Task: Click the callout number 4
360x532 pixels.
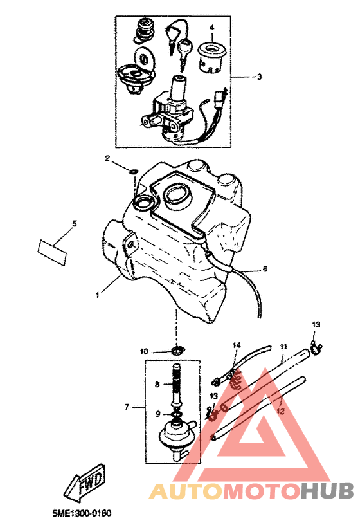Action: coord(212,27)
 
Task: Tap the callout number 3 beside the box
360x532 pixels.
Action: coord(259,77)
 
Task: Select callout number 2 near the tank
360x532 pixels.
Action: coord(107,158)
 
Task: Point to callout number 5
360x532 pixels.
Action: coord(74,223)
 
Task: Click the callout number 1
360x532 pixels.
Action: coord(97,295)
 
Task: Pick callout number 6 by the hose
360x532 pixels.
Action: coord(265,269)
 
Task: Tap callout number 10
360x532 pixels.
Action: coord(144,351)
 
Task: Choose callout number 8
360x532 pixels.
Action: coord(157,385)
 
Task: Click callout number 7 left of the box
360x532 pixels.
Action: coord(127,407)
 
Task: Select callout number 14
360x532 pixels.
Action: coord(237,345)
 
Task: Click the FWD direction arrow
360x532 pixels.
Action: coord(85,484)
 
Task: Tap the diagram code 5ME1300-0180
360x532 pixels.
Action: coord(82,513)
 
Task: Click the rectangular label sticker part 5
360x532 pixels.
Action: coord(52,252)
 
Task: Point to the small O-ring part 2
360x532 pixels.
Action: coord(134,171)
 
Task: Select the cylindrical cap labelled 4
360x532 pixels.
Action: coord(213,57)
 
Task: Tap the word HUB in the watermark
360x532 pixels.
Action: coord(327,491)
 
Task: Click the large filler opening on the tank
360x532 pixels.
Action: coord(177,194)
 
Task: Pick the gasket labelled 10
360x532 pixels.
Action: coord(177,350)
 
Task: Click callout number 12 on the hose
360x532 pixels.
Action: coord(281,411)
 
